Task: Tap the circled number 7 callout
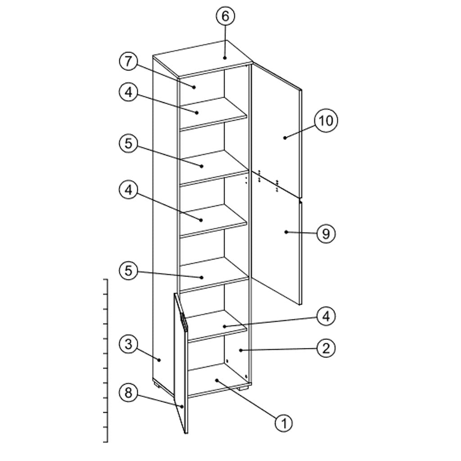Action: (x=128, y=62)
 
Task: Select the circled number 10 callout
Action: (x=326, y=120)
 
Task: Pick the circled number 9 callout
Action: (x=326, y=234)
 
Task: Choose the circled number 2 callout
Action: (x=326, y=348)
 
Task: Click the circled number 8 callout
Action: (x=128, y=393)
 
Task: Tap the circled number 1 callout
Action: (x=284, y=424)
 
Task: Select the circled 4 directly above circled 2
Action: (x=326, y=316)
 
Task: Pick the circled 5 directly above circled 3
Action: (x=128, y=271)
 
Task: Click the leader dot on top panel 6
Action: (x=225, y=58)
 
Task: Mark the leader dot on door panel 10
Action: (x=285, y=138)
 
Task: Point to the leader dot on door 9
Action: (x=286, y=232)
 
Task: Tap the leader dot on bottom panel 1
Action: (x=217, y=380)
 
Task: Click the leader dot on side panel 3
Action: (x=159, y=360)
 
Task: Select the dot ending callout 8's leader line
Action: (x=182, y=407)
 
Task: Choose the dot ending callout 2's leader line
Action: (x=240, y=350)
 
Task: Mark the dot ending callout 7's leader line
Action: (x=194, y=87)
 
